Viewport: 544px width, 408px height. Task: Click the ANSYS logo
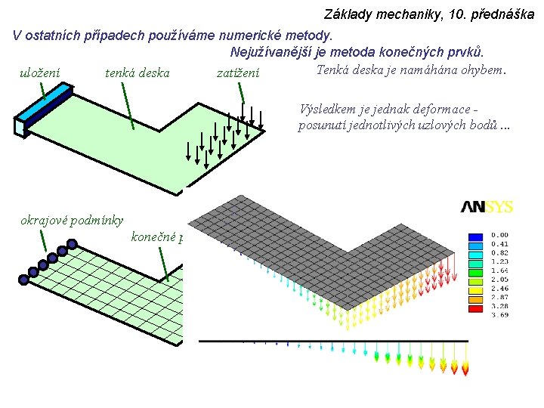[x=487, y=206]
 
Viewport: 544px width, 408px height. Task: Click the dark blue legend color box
[x=476, y=235]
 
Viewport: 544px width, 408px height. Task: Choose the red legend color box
[x=476, y=308]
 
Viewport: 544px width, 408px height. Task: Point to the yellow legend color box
[x=476, y=281]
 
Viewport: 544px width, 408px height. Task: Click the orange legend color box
[x=476, y=298]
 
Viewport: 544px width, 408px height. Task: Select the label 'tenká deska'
[x=137, y=73]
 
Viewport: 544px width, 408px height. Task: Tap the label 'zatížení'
[x=238, y=73]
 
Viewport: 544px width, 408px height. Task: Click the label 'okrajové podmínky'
[x=71, y=221]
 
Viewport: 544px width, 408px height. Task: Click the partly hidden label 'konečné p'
[x=158, y=237]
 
